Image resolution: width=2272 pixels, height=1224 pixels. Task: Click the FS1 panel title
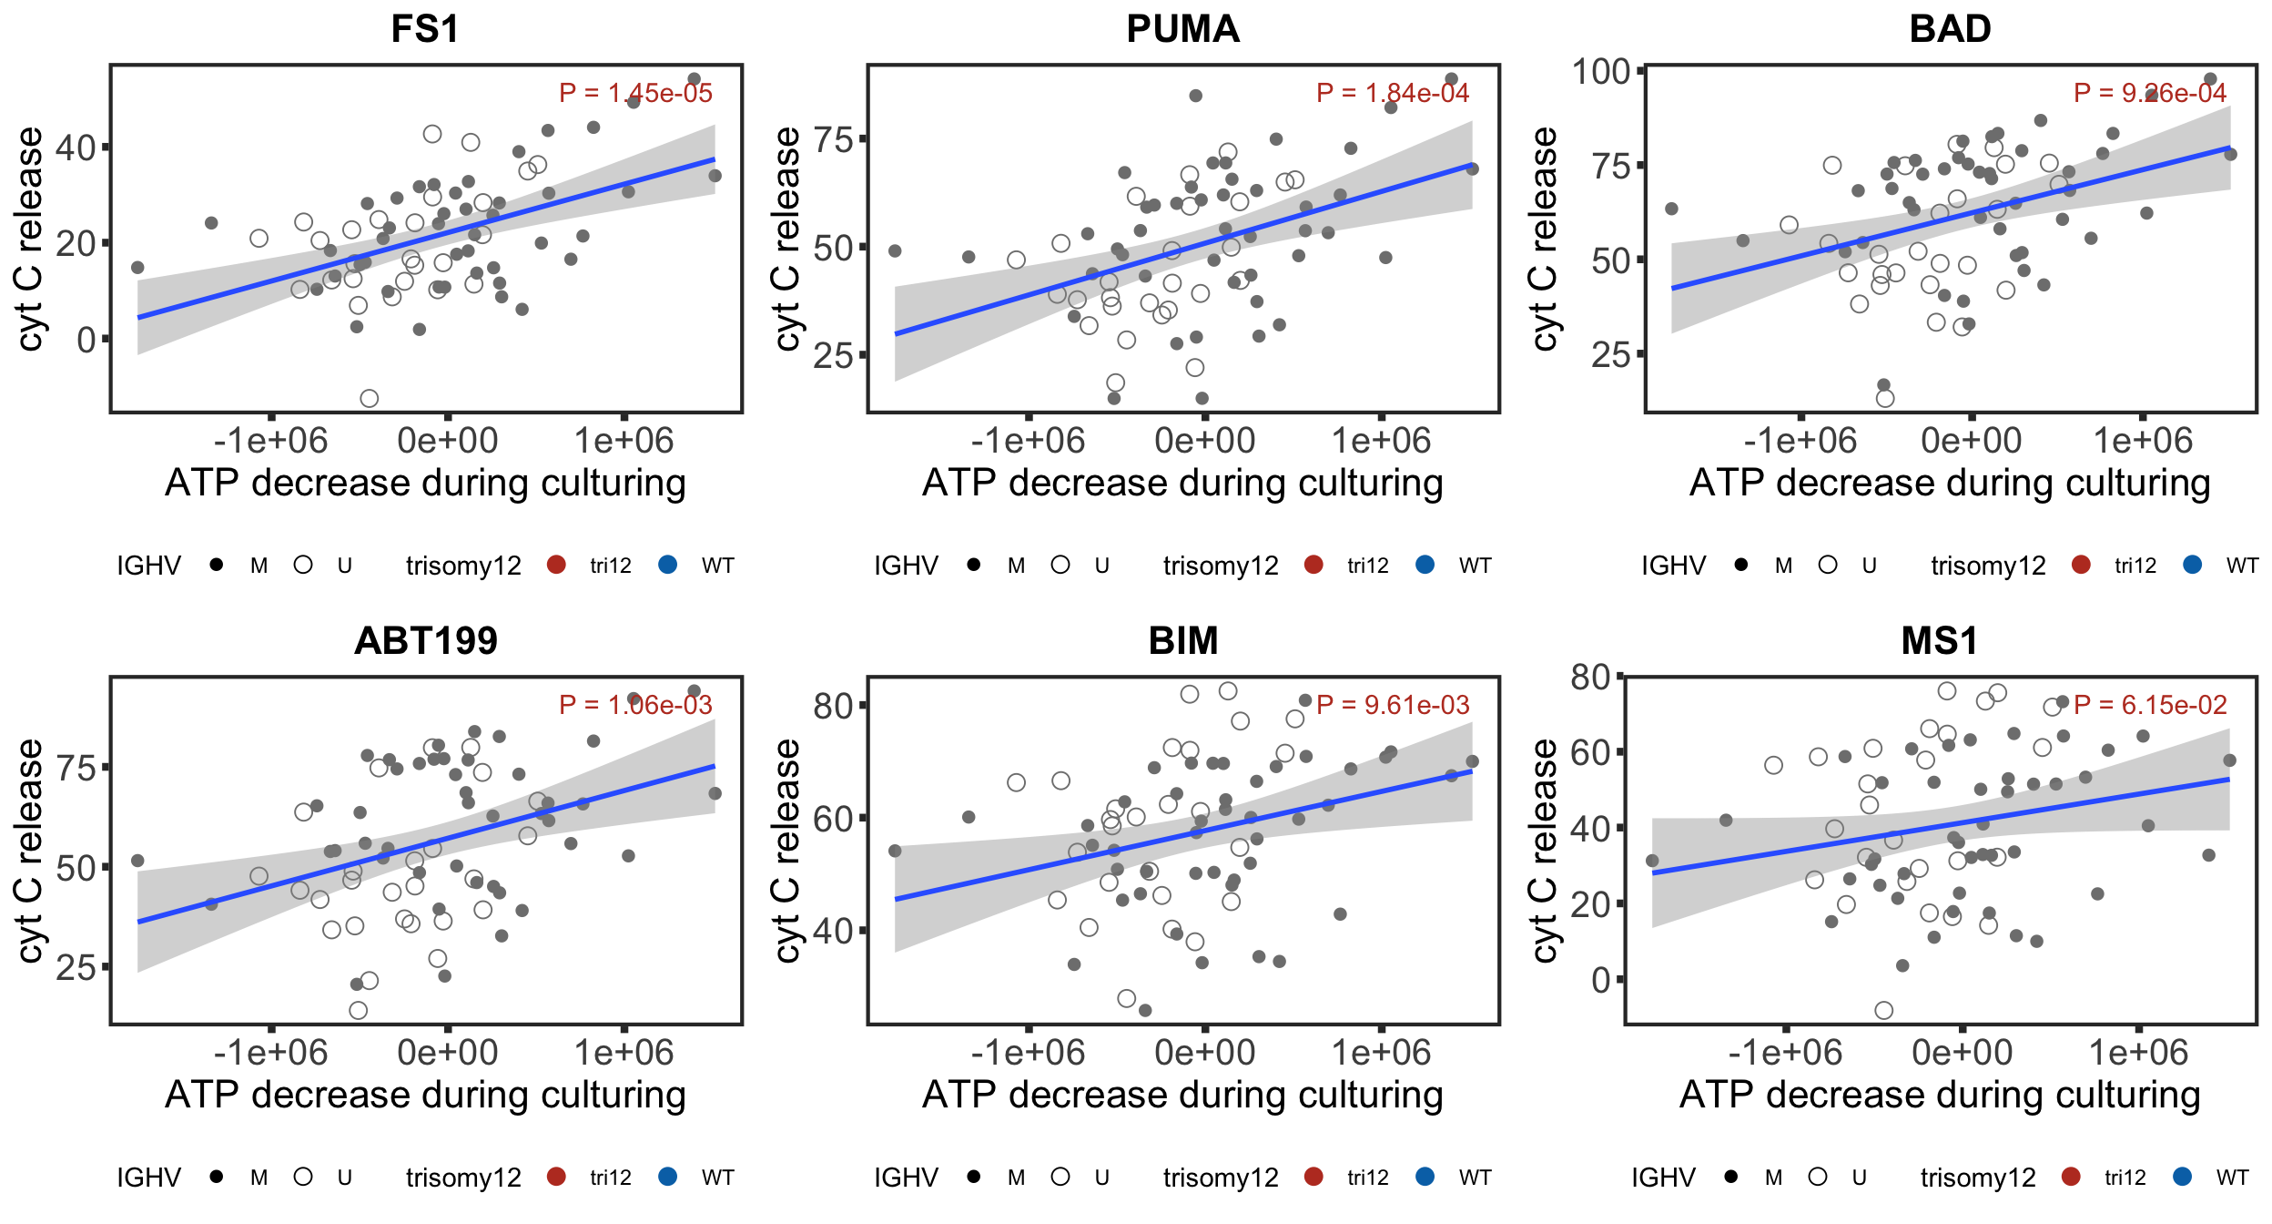(425, 29)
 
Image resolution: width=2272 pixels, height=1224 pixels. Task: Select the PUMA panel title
(1182, 29)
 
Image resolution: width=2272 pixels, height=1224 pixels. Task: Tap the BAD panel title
(1950, 29)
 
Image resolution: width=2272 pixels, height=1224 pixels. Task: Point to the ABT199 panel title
(425, 641)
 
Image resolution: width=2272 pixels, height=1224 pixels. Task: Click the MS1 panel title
(1940, 641)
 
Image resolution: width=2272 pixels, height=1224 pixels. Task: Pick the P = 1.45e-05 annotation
(635, 93)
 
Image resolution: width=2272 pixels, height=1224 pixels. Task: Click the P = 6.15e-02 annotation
(2150, 705)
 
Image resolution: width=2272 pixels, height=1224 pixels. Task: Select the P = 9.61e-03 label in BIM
(1393, 705)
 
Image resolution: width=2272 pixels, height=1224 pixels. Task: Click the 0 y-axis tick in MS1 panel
(1601, 980)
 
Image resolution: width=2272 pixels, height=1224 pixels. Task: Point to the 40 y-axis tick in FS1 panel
(76, 148)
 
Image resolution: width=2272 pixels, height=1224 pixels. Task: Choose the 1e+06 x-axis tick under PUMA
(1381, 441)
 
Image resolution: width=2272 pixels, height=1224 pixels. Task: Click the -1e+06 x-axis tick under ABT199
(270, 1053)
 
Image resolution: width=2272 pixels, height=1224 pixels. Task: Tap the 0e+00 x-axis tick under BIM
(1204, 1053)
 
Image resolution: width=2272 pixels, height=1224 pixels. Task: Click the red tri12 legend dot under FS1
(556, 565)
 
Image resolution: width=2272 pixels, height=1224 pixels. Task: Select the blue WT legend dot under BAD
(2193, 565)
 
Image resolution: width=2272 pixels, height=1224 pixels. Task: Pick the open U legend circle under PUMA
(1060, 565)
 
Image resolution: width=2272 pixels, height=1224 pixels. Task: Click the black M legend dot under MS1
(1730, 1177)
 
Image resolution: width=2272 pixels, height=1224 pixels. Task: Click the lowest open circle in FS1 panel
(369, 398)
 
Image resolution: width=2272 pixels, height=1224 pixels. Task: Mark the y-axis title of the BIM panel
(786, 851)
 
